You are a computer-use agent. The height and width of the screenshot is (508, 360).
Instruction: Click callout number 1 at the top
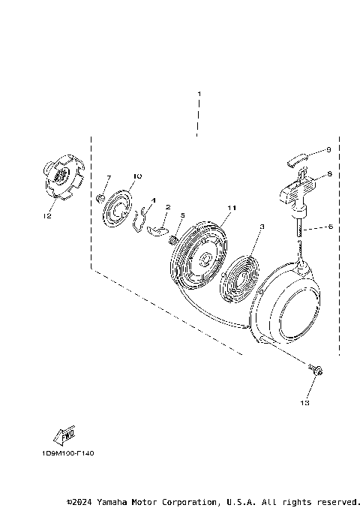pos(199,94)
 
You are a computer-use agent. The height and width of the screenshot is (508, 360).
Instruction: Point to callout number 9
pos(328,150)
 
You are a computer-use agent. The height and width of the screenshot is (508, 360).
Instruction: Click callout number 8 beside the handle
pos(328,174)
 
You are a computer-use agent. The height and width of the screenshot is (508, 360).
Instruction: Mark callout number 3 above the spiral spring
pos(261,226)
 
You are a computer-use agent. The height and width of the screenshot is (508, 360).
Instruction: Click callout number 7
pos(108,178)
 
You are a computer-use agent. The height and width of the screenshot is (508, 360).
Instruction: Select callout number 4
pos(153,200)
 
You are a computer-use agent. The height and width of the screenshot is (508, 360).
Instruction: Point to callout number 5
pos(181,216)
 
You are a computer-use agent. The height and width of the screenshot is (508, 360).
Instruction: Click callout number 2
pos(168,207)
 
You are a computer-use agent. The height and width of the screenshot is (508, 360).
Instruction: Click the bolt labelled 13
pos(317,369)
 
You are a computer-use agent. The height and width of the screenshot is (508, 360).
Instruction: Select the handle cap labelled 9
pos(298,158)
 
